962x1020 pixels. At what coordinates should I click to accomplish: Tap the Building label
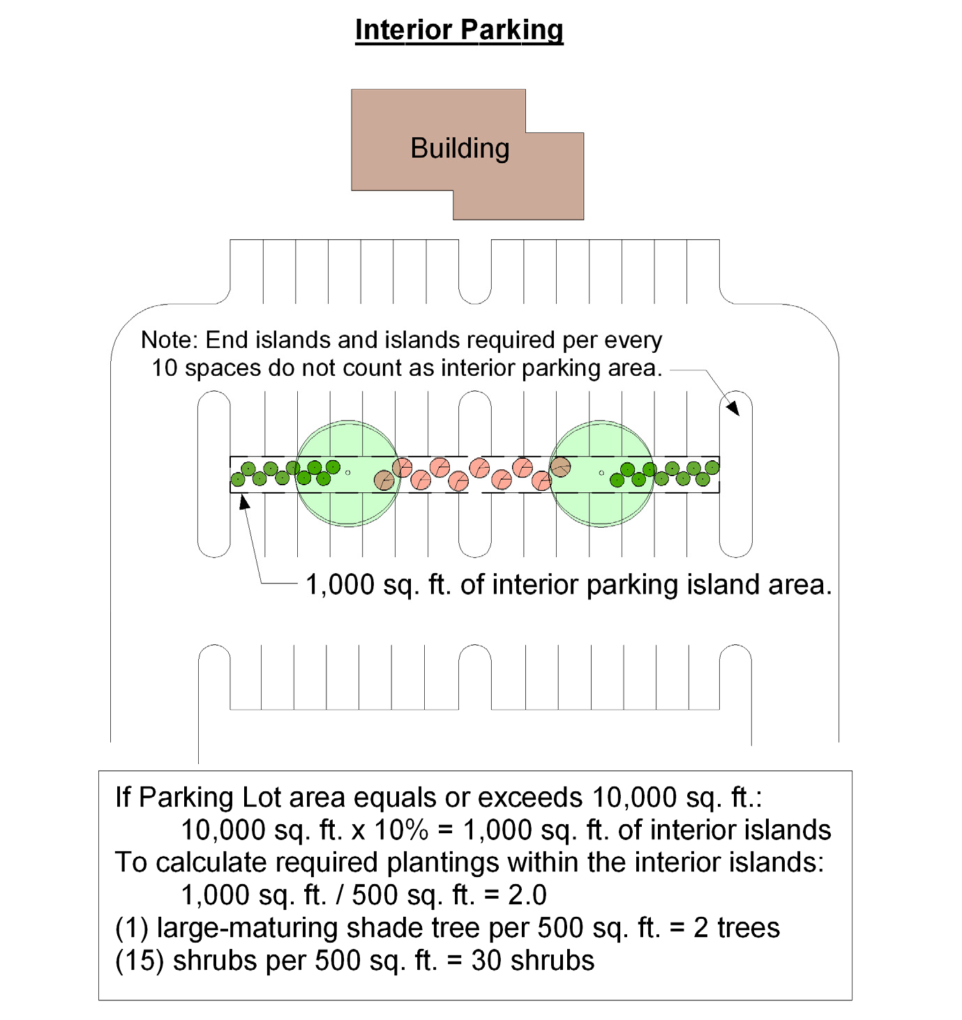tap(460, 149)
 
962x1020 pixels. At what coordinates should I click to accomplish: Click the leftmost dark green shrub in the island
tap(238, 479)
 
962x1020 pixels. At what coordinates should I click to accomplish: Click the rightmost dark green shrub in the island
tap(712, 467)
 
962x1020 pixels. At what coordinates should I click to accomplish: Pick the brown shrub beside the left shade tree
tap(384, 480)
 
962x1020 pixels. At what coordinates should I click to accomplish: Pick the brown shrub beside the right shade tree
tap(560, 467)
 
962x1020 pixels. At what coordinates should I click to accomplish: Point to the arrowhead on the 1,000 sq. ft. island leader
tap(243, 501)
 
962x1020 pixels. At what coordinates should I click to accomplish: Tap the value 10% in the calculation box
tap(401, 830)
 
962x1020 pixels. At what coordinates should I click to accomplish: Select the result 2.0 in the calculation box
tap(527, 895)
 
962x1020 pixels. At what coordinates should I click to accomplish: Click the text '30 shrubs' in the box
tap(533, 961)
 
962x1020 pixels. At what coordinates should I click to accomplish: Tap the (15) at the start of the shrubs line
tap(140, 961)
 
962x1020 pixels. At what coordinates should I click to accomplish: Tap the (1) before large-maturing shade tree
tap(132, 928)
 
